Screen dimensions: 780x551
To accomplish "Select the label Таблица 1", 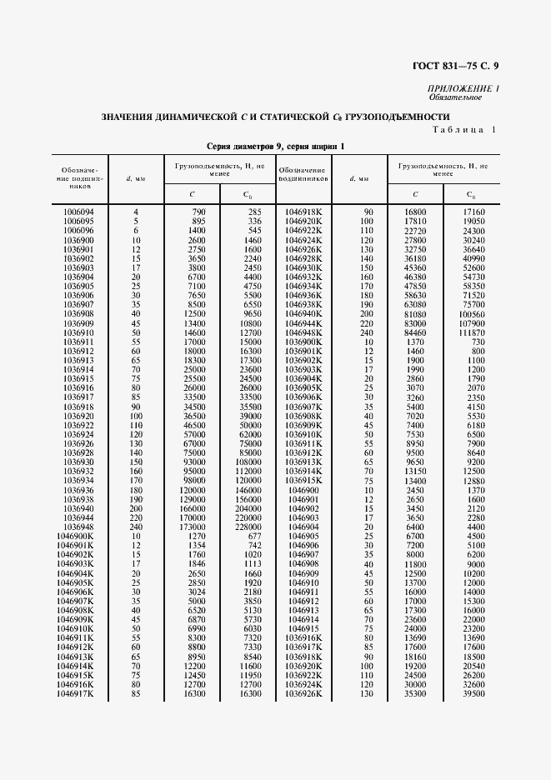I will click(x=464, y=129).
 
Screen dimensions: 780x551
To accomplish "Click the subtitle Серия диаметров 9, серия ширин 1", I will click(x=275, y=147).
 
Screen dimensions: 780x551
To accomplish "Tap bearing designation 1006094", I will click(x=78, y=212).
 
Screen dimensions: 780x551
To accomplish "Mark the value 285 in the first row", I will click(x=254, y=212).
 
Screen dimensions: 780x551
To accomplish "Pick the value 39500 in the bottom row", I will click(x=473, y=693).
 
